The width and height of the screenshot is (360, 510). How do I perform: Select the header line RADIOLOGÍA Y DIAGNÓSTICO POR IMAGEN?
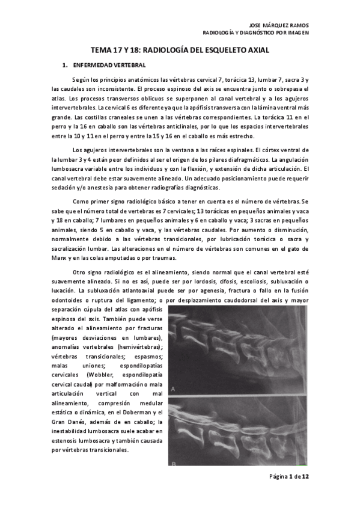click(x=255, y=33)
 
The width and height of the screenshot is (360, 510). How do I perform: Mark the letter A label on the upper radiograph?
click(x=174, y=389)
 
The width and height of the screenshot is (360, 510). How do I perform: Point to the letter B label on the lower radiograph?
click(x=174, y=463)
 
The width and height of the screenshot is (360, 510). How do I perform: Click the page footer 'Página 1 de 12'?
click(x=289, y=477)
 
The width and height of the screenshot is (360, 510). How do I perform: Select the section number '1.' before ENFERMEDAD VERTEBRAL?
click(x=65, y=64)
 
